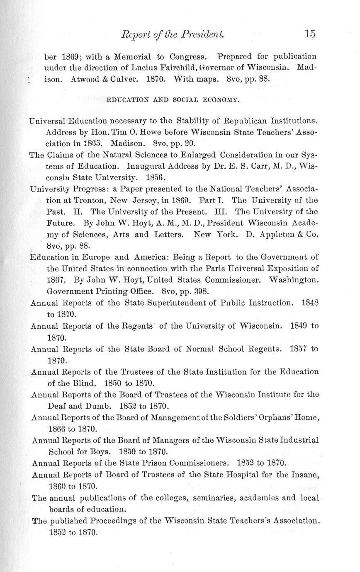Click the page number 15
click(309, 34)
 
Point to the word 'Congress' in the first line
click(190, 56)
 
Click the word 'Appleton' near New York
click(278, 234)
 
